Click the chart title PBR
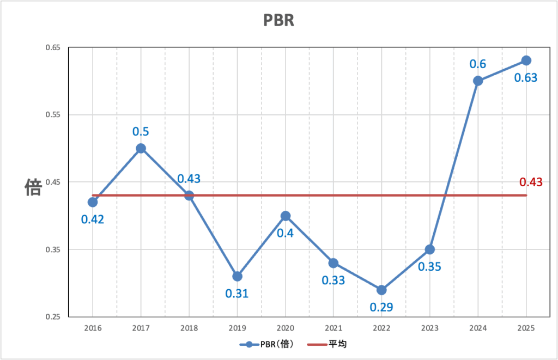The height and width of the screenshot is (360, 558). [279, 20]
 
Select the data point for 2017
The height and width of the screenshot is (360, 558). [141, 148]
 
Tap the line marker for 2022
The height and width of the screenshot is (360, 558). [381, 290]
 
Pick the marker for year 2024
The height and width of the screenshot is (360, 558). [478, 81]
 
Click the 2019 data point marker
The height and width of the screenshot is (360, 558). [237, 276]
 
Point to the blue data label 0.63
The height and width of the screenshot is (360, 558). [526, 77]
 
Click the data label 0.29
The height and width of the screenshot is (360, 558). [381, 307]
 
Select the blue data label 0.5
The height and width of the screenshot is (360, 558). [141, 131]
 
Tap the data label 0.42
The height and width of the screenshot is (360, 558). [93, 219]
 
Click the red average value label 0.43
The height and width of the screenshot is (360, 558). [531, 182]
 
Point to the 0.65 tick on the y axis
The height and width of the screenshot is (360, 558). [52, 48]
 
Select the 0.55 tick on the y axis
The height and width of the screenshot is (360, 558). [52, 115]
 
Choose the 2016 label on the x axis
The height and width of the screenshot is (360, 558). [93, 328]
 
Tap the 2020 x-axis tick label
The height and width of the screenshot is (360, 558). [285, 328]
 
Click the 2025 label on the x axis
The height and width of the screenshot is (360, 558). [526, 328]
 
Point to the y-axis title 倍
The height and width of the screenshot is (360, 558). [33, 188]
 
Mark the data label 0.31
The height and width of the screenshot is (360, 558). [237, 294]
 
